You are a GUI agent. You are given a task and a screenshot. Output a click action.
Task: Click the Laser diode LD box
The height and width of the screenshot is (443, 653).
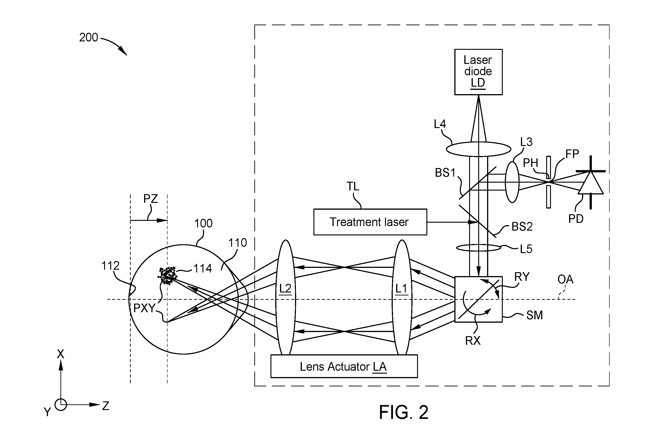point(478,72)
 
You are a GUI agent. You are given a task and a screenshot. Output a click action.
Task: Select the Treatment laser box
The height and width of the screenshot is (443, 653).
point(370,222)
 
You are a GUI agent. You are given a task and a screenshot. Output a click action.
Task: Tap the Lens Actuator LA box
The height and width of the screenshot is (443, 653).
point(344,366)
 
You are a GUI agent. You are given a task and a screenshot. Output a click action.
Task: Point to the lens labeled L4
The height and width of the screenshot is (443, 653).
point(478,149)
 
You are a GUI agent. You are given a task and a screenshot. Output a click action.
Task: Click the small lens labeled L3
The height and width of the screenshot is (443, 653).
point(512,182)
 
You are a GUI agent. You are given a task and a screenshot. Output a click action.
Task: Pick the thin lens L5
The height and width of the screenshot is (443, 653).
point(478,248)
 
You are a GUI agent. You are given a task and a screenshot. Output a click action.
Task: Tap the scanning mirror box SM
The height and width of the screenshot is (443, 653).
point(478,299)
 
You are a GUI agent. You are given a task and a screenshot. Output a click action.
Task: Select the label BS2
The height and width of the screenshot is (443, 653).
point(522,227)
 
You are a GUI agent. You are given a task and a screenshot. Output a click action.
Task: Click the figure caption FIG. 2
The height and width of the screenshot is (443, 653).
point(403,412)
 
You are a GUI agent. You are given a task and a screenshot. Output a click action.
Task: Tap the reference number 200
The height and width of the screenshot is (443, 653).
point(88,37)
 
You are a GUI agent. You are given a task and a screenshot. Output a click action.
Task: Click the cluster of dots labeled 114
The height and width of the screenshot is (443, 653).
point(168,275)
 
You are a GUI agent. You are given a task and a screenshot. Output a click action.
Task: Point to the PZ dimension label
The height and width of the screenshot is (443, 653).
point(151,199)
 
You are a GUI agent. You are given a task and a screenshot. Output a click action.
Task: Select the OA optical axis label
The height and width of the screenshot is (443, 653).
point(565,279)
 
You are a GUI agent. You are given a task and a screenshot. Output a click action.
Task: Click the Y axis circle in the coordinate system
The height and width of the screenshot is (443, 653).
point(61,405)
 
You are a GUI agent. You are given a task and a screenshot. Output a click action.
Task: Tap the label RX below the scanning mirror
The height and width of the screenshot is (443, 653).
point(473,341)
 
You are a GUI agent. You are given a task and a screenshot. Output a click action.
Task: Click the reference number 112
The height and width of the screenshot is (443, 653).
point(110,266)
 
